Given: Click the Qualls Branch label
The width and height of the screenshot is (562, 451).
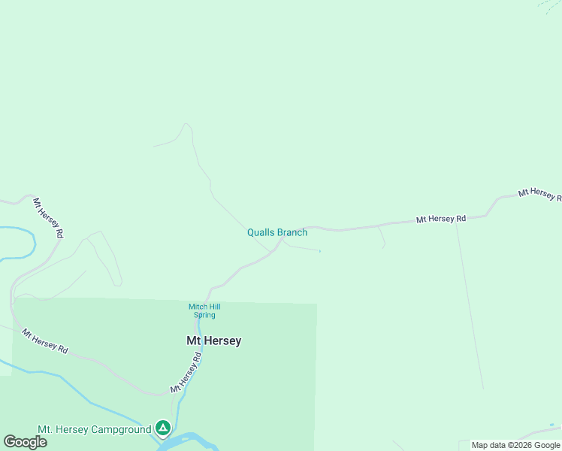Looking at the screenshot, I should (x=277, y=232).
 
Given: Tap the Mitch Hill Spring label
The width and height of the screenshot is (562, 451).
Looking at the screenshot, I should (x=204, y=310).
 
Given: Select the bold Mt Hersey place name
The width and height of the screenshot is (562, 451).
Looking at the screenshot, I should (x=214, y=341).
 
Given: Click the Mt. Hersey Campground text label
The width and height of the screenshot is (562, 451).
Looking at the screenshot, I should (x=94, y=429).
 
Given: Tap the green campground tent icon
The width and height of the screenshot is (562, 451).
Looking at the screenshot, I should (x=163, y=428).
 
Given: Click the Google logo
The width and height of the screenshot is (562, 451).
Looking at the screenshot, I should (x=25, y=441).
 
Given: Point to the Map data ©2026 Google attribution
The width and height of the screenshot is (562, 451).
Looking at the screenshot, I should (x=516, y=445).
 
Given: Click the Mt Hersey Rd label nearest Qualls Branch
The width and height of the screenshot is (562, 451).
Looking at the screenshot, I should (x=441, y=219).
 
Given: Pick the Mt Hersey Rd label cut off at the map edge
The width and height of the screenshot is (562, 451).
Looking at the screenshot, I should (x=539, y=194).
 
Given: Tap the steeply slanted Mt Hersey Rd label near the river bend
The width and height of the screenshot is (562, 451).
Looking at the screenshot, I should (x=47, y=218).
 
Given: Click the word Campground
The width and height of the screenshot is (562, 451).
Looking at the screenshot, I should (x=121, y=429).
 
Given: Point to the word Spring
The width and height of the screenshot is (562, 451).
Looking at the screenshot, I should (x=204, y=315).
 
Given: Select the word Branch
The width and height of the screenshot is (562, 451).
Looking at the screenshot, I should (x=292, y=232).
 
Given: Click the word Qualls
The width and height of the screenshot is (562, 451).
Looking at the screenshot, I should (x=261, y=232).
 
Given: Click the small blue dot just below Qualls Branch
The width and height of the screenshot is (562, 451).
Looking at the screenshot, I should (x=320, y=251).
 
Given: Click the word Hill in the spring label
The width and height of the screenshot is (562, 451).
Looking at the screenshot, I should (x=213, y=307).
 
